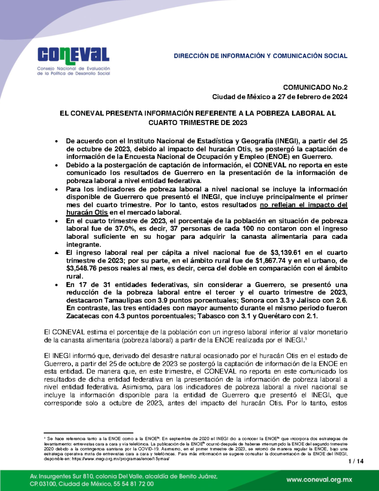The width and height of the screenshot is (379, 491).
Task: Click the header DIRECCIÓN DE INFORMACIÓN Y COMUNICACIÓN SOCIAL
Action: [x=260, y=56]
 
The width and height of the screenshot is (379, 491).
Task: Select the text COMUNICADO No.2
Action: [x=315, y=88]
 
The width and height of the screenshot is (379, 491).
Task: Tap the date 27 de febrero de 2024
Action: [x=312, y=97]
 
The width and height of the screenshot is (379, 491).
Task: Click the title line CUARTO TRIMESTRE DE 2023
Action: [x=198, y=123]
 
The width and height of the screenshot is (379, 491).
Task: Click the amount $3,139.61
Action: [x=286, y=253]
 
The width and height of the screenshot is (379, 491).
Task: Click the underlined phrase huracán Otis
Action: [x=87, y=212]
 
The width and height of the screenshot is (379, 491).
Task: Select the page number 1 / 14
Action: [x=356, y=461]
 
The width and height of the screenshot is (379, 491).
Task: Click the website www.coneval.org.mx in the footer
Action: [x=319, y=480]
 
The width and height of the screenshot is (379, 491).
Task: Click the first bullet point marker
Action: [x=57, y=141]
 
